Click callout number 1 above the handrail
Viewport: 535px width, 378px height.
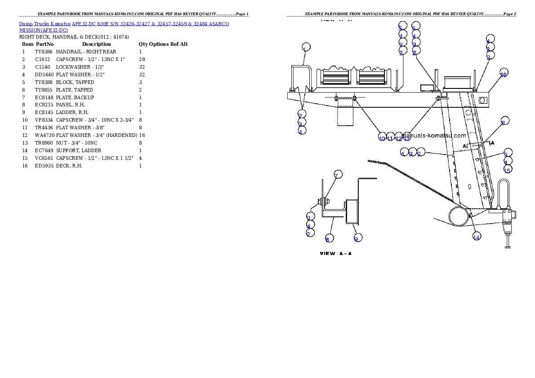point(306,48)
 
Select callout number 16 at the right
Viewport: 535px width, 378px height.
point(504,75)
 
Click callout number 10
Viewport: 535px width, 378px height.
point(382,138)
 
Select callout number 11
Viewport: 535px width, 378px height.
point(390,138)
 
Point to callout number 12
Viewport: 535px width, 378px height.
point(398,138)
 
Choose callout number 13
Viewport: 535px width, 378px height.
point(406,138)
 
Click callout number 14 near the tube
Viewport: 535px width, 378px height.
point(476,237)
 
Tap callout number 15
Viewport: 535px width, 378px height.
point(508,170)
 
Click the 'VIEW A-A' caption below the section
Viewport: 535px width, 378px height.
point(335,254)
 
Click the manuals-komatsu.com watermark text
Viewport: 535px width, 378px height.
point(434,135)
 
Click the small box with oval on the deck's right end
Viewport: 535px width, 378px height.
point(482,99)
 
